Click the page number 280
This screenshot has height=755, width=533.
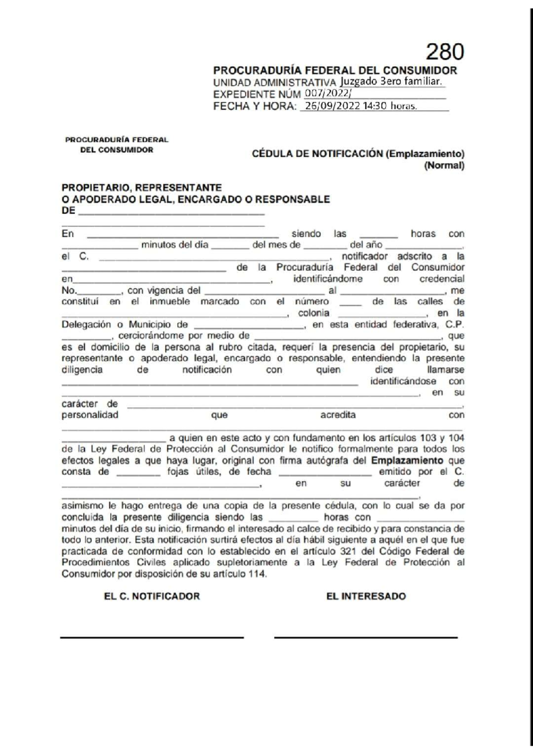pyautogui.click(x=445, y=52)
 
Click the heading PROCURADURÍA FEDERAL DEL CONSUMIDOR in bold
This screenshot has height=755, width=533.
pyautogui.click(x=335, y=70)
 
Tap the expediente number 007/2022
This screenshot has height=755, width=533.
pyautogui.click(x=327, y=94)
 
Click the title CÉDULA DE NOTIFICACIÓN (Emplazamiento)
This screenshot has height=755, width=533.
pyautogui.click(x=358, y=154)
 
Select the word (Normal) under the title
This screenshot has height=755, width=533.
pyautogui.click(x=444, y=165)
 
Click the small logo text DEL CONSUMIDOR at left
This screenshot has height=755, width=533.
pyautogui.click(x=116, y=150)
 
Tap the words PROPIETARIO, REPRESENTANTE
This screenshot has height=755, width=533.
pyautogui.click(x=141, y=188)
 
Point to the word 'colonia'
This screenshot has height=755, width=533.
pyautogui.click(x=314, y=313)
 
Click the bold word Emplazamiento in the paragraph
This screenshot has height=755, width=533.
pyautogui.click(x=407, y=461)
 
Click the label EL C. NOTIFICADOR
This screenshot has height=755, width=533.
pyautogui.click(x=152, y=596)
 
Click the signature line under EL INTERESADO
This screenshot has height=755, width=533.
pyautogui.click(x=366, y=638)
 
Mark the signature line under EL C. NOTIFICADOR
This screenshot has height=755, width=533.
pyautogui.click(x=152, y=638)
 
